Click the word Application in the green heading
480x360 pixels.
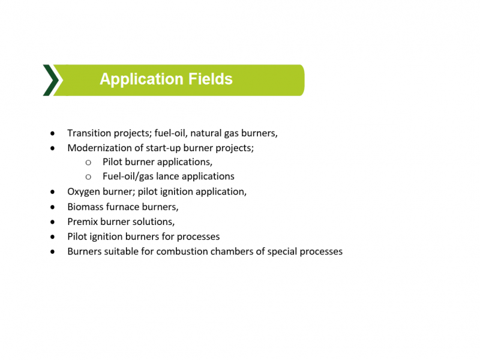click(142, 79)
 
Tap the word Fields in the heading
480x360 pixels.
click(211, 79)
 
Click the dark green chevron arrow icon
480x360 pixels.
click(50, 80)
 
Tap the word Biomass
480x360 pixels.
click(85, 207)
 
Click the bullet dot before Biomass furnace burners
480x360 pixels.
click(53, 207)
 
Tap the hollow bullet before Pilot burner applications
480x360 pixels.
click(88, 163)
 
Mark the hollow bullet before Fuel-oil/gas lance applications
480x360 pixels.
click(88, 177)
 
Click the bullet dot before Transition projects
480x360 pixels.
click(53, 133)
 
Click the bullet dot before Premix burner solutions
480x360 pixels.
click(53, 222)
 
